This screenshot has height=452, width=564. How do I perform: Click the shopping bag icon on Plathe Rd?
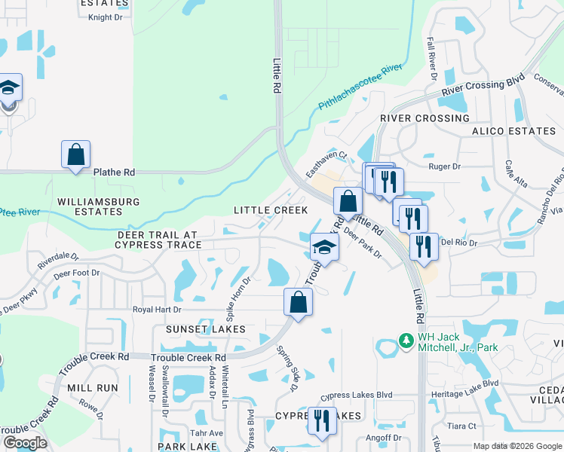[75, 155]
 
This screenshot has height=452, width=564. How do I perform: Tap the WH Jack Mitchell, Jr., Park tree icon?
[406, 341]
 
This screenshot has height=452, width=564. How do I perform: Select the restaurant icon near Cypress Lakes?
[322, 422]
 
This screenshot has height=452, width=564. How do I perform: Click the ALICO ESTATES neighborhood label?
[513, 131]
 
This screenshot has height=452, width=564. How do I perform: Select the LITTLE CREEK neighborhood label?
[271, 210]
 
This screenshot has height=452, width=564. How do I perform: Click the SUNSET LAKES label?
[200, 329]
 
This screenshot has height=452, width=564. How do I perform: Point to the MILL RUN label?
[93, 387]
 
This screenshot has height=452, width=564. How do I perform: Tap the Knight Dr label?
[104, 17]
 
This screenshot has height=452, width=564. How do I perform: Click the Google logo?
[25, 443]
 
